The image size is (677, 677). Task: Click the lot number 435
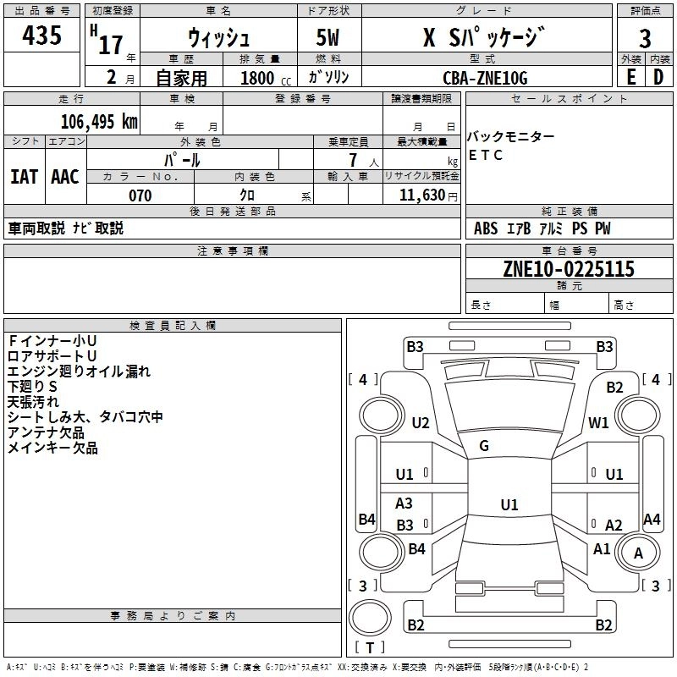[x=41, y=35]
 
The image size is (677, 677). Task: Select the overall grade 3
[x=645, y=38]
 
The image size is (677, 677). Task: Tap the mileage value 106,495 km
[x=99, y=122]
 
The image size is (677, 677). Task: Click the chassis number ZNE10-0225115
[x=569, y=268]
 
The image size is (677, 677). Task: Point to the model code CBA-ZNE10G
[x=485, y=78]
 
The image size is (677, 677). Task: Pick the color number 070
[x=140, y=195]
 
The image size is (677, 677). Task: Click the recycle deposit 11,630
[x=422, y=195]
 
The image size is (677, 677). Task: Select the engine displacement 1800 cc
[x=266, y=78]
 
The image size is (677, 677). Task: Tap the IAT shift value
[x=25, y=177]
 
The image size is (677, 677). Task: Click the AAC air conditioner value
[x=65, y=177]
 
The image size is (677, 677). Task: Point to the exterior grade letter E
[x=630, y=77]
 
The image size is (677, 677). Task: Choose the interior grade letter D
[x=658, y=77]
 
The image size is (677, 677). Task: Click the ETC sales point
[x=485, y=155]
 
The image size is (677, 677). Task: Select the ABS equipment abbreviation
[x=486, y=228]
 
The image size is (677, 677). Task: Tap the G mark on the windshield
[x=484, y=446]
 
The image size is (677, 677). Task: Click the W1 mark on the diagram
[x=598, y=422]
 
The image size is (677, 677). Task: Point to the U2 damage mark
[x=421, y=422]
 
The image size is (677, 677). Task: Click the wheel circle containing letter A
[x=638, y=553]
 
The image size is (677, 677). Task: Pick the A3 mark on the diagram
[x=404, y=503]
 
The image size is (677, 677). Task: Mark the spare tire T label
[x=370, y=647]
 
